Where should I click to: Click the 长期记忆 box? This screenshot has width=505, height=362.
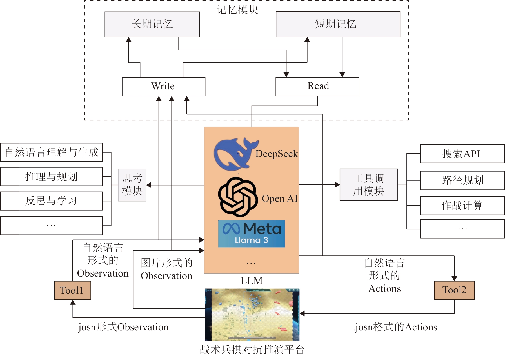pyautogui.click(x=152, y=24)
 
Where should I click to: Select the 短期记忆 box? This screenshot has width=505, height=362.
pyautogui.click(x=338, y=24)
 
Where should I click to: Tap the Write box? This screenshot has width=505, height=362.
pyautogui.click(x=163, y=86)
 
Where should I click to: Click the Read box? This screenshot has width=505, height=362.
pyautogui.click(x=317, y=86)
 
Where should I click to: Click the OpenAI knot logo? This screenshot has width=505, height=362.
pyautogui.click(x=238, y=197)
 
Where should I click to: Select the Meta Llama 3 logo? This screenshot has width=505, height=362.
pyautogui.click(x=252, y=234)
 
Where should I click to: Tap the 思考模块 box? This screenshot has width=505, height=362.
pyautogui.click(x=132, y=185)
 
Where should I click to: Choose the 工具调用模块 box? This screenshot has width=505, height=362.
pyautogui.click(x=368, y=185)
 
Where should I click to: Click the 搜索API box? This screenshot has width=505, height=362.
pyautogui.click(x=462, y=154)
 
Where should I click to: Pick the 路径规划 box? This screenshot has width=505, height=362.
pyautogui.click(x=462, y=180)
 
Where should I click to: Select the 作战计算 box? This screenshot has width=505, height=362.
pyautogui.click(x=462, y=206)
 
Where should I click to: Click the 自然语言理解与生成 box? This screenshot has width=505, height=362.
pyautogui.click(x=51, y=152)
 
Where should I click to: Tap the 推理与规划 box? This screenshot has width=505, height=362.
pyautogui.click(x=51, y=176)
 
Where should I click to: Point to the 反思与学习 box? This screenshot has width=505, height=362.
pyautogui.click(x=51, y=201)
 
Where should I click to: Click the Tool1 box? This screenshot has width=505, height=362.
pyautogui.click(x=72, y=290)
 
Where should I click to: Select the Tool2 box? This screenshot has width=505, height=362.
pyautogui.click(x=454, y=290)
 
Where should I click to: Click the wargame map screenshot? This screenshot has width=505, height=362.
pyautogui.click(x=252, y=315)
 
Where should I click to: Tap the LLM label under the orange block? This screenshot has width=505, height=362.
pyautogui.click(x=252, y=281)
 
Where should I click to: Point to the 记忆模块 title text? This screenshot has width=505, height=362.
pyautogui.click(x=237, y=10)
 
